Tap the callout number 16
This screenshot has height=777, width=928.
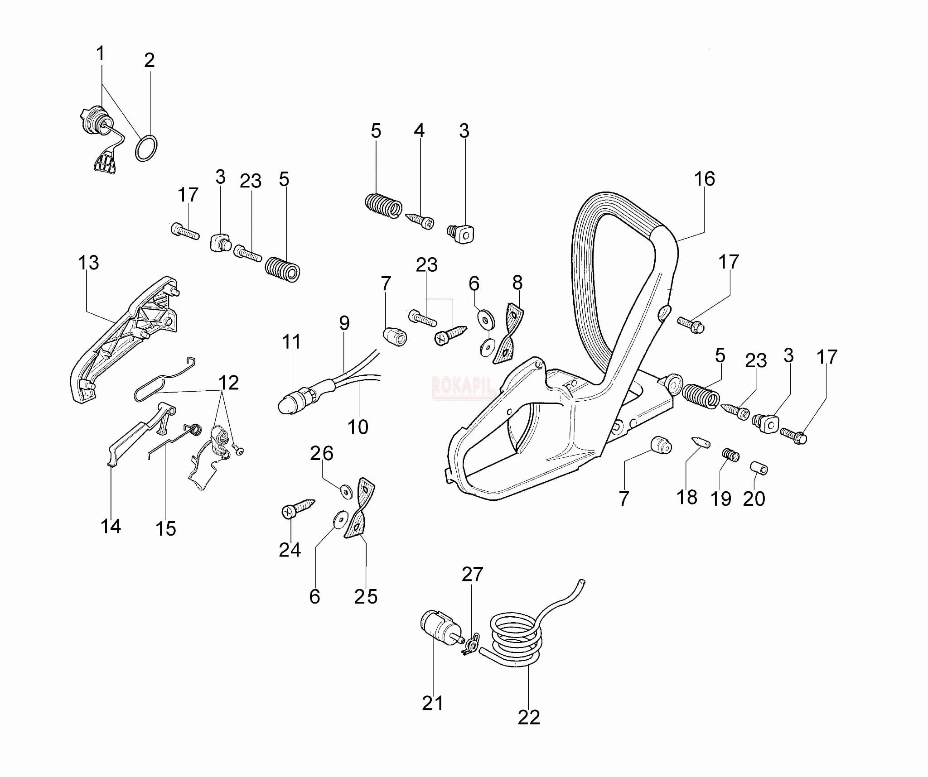(705, 179)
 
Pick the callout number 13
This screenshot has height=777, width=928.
(88, 263)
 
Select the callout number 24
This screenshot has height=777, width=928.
(290, 550)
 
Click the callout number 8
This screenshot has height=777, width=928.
(517, 283)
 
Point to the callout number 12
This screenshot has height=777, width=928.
(228, 383)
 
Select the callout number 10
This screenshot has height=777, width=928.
(358, 427)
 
